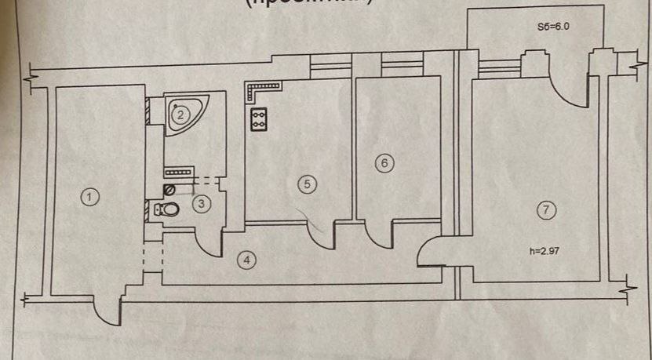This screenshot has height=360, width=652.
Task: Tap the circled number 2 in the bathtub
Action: coord(180,115)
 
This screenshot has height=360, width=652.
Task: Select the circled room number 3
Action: coord(202,203)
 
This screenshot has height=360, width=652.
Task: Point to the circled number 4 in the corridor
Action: coord(246,260)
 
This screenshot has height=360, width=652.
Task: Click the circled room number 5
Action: coord(308,184)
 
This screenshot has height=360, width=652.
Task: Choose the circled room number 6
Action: coord(383,163)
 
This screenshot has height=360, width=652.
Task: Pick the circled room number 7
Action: coord(547,209)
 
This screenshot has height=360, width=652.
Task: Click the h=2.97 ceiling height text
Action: coord(547,253)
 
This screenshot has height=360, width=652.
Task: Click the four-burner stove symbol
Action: coord(259,119)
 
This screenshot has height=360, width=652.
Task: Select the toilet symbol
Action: coord(166,209)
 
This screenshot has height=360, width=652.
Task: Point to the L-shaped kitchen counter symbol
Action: coord(256,92)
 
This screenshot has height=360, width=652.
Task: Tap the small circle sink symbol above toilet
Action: coord(166,191)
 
